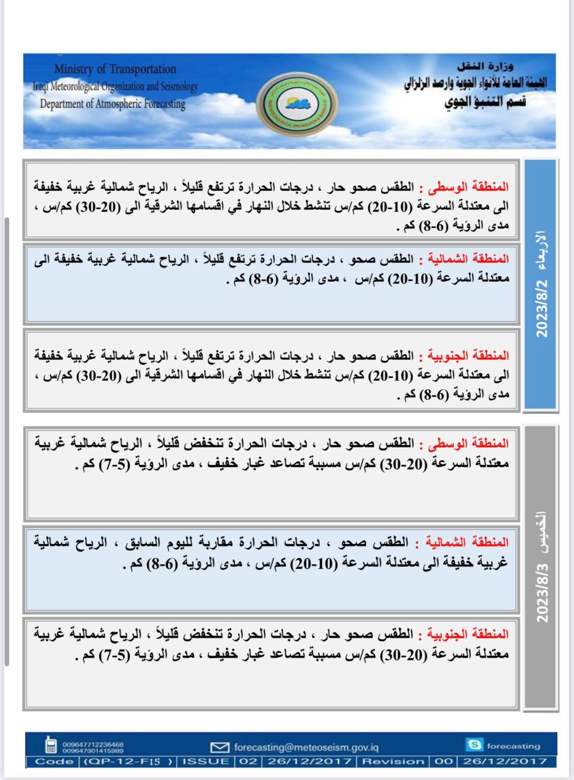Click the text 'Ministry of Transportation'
pos(115,69)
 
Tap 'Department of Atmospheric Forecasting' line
pos(112,104)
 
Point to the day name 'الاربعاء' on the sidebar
pos(541,251)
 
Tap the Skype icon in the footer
pos(475,745)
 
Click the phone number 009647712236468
pos(93,743)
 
